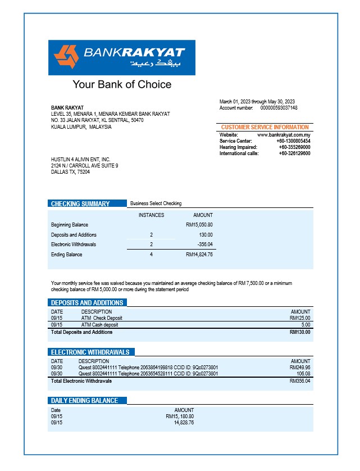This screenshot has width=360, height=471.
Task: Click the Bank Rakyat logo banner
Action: [122, 57]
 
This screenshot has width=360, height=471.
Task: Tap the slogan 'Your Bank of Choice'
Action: [122, 85]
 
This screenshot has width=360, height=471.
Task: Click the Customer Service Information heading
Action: [265, 128]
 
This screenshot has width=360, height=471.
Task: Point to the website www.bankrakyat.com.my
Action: [284, 135]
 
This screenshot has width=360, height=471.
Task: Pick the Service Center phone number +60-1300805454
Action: [294, 141]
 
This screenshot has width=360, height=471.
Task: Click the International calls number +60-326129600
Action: [294, 153]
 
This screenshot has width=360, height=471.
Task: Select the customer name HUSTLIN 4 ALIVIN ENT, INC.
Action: [81, 160]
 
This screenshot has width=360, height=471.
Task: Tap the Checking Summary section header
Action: [80, 203]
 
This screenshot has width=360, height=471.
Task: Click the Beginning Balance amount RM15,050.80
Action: [199, 225]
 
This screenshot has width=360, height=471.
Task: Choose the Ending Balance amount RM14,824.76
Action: [199, 255]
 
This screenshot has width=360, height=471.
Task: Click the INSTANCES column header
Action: [151, 215]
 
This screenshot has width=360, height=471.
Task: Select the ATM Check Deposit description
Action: [101, 318]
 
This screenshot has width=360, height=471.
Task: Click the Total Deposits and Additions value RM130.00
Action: [300, 332]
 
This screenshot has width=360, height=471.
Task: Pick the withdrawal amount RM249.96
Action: [300, 368]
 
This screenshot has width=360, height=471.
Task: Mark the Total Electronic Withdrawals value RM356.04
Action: [300, 381]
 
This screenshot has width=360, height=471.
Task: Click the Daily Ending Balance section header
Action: [84, 401]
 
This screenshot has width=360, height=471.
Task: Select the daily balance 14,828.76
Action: [184, 422]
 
